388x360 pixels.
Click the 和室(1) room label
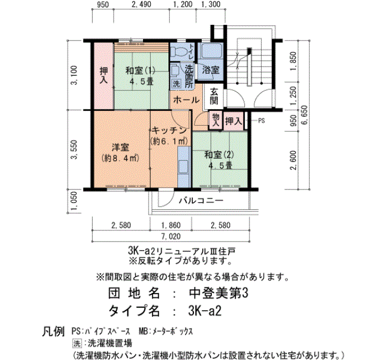tap(140, 71)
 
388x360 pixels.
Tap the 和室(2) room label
tap(219, 155)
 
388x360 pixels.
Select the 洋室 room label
tap(120, 148)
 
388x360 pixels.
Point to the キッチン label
tap(169, 130)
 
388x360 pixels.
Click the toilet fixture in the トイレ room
tap(178, 52)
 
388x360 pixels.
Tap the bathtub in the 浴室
tap(212, 51)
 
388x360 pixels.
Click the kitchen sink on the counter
tap(183, 166)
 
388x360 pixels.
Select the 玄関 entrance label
tap(214, 96)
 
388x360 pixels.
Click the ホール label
tap(186, 100)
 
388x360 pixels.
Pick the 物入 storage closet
tap(216, 121)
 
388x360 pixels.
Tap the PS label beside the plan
tap(262, 121)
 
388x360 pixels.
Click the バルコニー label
tap(201, 200)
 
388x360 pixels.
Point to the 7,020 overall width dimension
tap(171, 236)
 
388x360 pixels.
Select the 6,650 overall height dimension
tap(304, 115)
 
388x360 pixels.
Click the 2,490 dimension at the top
tap(141, 4)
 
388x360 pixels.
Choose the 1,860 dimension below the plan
tap(171, 225)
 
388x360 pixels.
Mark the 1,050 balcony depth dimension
tap(74, 202)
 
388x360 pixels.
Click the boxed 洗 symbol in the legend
tap(77, 343)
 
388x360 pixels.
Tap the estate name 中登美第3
tap(218, 294)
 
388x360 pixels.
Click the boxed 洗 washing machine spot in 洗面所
tap(176, 84)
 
